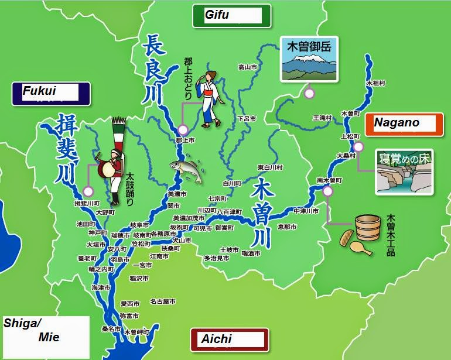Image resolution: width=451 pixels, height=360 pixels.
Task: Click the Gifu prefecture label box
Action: [x=232, y=16]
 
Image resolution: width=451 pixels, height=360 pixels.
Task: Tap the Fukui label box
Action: [x=51, y=93]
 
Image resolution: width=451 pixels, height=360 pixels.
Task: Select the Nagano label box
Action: [x=404, y=124]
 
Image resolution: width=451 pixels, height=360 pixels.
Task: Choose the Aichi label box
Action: [x=230, y=340]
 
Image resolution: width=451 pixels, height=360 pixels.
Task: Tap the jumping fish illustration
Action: [x=187, y=170]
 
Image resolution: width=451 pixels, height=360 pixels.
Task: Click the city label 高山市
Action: [x=248, y=67]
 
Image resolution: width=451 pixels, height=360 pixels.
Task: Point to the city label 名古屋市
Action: [x=162, y=302]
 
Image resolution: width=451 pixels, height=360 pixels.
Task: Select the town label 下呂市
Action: [x=247, y=119]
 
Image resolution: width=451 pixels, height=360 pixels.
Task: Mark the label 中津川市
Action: [x=306, y=211]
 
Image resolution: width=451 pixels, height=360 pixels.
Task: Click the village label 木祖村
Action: [x=375, y=84]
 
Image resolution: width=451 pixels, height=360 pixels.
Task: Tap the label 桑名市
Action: [x=111, y=330]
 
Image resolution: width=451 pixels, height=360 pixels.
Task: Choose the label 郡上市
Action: [x=184, y=141]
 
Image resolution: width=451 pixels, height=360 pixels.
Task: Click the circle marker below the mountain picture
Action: [x=309, y=92]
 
